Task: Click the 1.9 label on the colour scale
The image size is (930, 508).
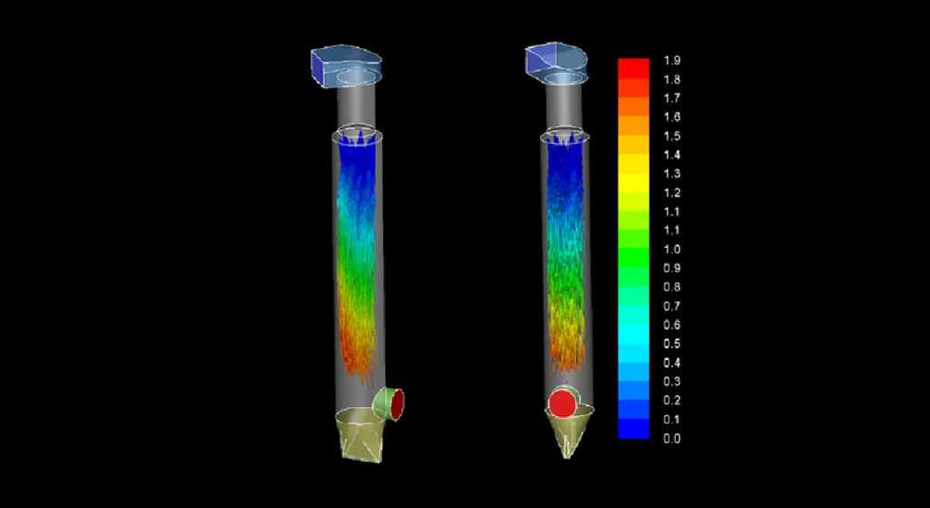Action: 672,61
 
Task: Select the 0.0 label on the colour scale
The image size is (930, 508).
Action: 672,439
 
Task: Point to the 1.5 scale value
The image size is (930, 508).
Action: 672,136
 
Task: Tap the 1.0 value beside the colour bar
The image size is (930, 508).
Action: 672,249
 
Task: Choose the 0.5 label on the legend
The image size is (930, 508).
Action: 672,344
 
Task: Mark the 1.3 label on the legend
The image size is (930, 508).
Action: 672,174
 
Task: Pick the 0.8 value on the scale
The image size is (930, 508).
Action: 672,287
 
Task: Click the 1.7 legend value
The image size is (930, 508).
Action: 672,98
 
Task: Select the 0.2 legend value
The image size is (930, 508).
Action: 672,401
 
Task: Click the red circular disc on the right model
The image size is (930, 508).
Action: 562,404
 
